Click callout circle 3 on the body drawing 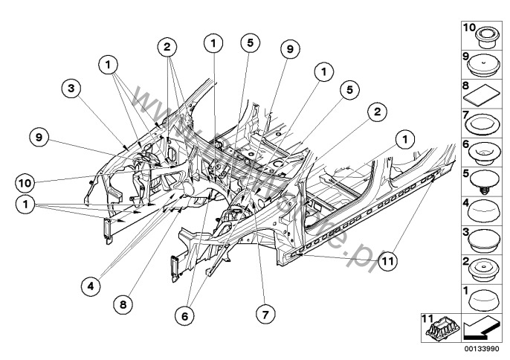pyautogui.click(x=71, y=89)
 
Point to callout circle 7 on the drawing pyautogui.click(x=262, y=314)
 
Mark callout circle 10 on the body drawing pyautogui.click(x=25, y=181)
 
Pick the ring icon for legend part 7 pyautogui.click(x=484, y=122)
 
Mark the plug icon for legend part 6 pyautogui.click(x=484, y=152)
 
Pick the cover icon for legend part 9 pyautogui.click(x=484, y=65)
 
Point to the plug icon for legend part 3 pyautogui.click(x=484, y=240)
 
